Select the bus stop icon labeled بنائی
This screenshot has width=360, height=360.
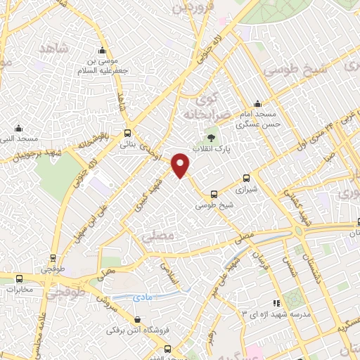tap(127, 133)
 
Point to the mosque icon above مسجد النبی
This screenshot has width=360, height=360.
tap(18, 129)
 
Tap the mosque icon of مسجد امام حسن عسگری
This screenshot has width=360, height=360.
tap(258, 103)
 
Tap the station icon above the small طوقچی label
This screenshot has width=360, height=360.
tap(48, 257)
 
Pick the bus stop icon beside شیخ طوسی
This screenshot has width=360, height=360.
tap(214, 194)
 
